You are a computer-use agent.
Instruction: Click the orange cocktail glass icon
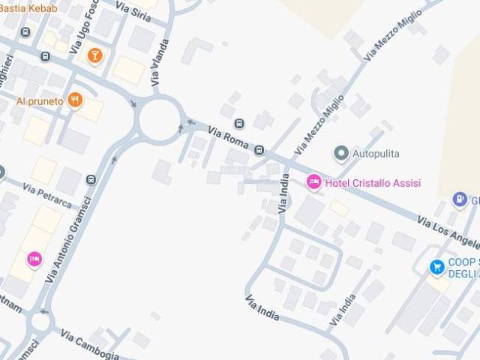pos(94,55)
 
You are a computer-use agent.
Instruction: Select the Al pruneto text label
pos(40,100)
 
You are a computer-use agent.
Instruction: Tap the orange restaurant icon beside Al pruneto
pos(74,100)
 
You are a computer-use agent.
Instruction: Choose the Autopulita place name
pos(376,154)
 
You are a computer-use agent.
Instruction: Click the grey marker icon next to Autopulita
pos(341,154)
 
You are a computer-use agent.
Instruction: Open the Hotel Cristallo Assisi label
pos(373,183)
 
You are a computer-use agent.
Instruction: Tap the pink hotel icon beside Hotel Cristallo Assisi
pos(313,182)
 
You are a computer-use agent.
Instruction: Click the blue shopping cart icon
pos(436,266)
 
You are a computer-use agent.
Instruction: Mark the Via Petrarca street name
pos(46,193)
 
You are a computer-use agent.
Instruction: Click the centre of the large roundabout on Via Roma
pos(160,120)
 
